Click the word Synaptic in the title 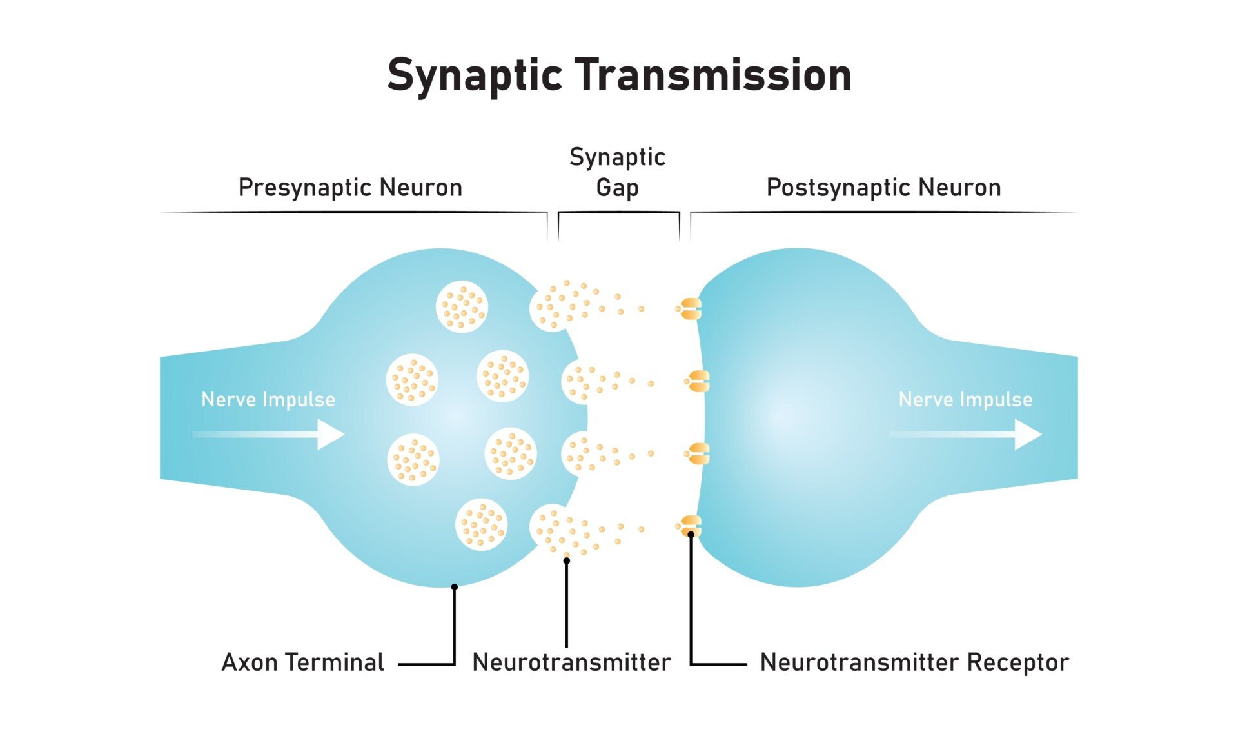tap(475, 76)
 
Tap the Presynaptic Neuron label tap(350, 188)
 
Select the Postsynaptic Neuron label tap(883, 188)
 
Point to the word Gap tap(617, 188)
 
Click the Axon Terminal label tap(302, 662)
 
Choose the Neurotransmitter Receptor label tap(914, 662)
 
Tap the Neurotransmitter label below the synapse tap(571, 662)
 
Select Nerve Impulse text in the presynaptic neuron tap(268, 399)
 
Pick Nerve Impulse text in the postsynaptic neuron tap(965, 399)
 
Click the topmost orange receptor tap(689, 309)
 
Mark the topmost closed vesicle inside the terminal tap(462, 306)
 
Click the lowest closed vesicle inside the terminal tap(481, 524)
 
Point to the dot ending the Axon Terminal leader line tap(455, 587)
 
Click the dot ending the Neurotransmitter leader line tap(567, 560)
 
